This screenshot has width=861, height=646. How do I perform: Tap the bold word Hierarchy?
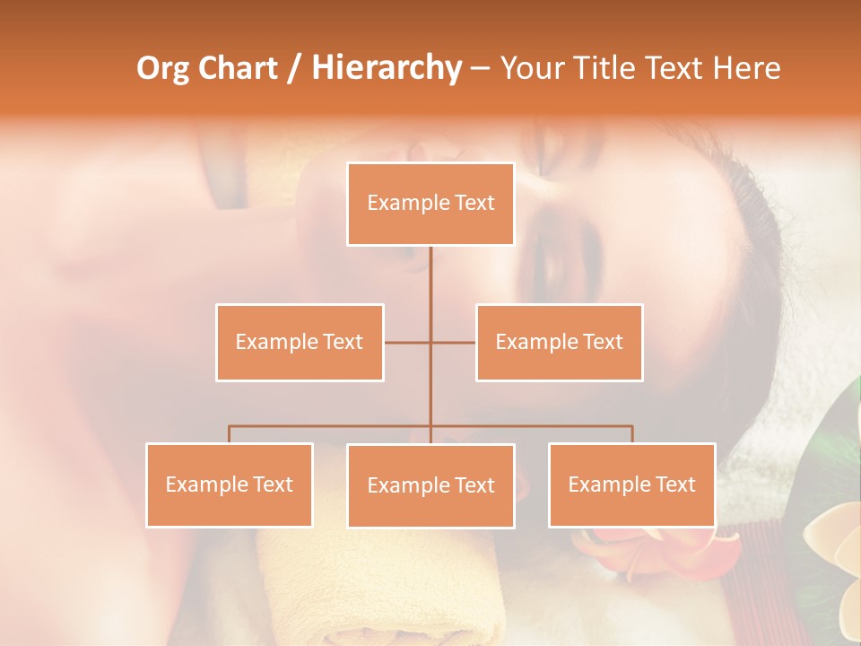pyautogui.click(x=387, y=68)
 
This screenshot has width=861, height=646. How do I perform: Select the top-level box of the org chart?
pyautogui.click(x=430, y=204)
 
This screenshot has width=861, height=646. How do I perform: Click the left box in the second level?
pyautogui.click(x=300, y=342)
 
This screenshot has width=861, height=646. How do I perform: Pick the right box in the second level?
pyautogui.click(x=560, y=342)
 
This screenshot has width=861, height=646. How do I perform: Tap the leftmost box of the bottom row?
pyautogui.click(x=230, y=484)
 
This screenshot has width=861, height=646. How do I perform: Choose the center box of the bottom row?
pyautogui.click(x=430, y=485)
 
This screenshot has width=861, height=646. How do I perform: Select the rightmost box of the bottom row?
pyautogui.click(x=632, y=484)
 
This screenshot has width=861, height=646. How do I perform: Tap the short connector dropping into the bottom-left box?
pyautogui.click(x=230, y=434)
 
